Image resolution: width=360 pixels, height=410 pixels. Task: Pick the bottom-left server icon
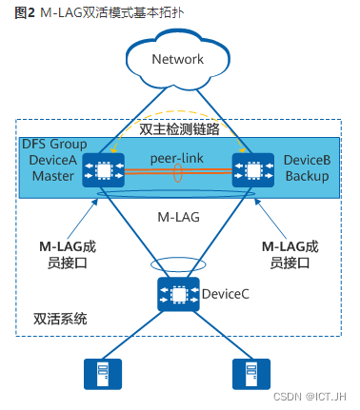click(98, 374)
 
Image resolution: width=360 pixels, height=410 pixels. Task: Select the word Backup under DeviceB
click(306, 175)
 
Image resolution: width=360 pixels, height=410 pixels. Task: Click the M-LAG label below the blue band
click(177, 217)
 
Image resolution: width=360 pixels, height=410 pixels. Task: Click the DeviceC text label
click(226, 295)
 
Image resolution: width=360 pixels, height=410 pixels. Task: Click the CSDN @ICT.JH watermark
click(316, 396)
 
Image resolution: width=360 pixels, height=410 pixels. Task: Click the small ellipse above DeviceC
click(178, 262)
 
